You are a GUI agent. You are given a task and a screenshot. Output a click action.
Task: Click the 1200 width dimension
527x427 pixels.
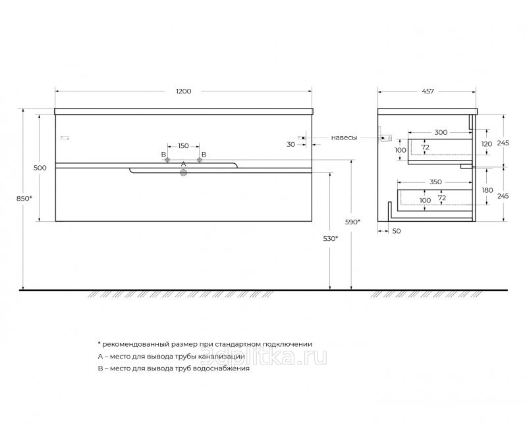tap(183, 91)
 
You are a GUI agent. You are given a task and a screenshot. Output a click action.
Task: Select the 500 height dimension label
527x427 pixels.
tap(40, 168)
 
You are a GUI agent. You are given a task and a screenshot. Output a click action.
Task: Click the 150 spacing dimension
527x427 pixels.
tap(183, 146)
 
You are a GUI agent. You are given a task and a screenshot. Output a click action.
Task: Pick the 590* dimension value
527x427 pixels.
tap(353, 223)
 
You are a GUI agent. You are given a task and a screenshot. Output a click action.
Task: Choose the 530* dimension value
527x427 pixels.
tap(331, 238)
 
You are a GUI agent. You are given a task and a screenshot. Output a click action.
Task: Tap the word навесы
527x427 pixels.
tap(345, 138)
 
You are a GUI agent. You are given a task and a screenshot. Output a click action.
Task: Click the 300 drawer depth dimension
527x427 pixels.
tap(441, 133)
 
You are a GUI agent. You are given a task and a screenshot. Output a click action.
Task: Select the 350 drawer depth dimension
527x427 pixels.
tap(435, 182)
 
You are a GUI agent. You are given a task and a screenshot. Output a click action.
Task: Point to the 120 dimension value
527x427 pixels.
tap(487, 143)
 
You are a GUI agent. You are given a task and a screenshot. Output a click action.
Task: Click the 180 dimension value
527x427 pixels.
tap(487, 191)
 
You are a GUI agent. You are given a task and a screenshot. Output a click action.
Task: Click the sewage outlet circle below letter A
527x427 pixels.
tap(184, 173)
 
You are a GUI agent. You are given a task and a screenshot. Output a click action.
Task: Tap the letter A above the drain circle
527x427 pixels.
tap(184, 163)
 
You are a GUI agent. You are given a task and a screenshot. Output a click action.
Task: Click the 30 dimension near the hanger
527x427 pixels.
tap(290, 143)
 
